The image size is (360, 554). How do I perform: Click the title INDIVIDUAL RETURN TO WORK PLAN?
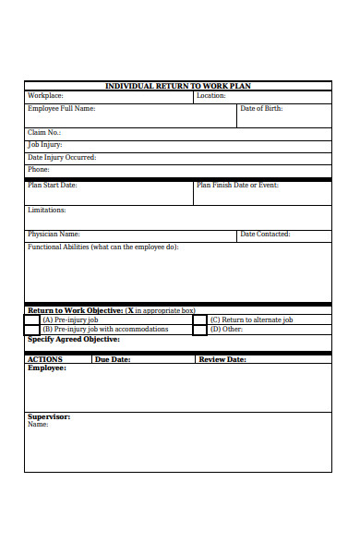click(x=178, y=86)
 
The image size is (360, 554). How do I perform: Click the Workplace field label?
click(x=45, y=96)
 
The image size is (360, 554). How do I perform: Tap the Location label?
click(x=210, y=96)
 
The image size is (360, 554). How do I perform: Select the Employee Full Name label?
click(x=61, y=109)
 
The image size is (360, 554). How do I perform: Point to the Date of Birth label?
click(x=261, y=109)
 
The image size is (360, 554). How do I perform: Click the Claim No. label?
click(x=43, y=133)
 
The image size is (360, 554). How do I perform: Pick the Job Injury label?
click(x=44, y=145)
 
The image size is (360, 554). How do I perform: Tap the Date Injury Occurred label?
click(x=61, y=157)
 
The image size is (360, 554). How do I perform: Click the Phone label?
click(x=38, y=170)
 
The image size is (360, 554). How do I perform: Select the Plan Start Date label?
click(x=52, y=186)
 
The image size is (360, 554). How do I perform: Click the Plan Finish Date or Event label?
click(x=237, y=186)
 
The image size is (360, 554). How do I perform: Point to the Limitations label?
click(x=46, y=211)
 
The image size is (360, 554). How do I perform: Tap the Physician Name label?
click(x=54, y=235)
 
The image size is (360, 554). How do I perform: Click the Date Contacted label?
click(x=265, y=235)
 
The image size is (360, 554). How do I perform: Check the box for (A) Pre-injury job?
click(x=33, y=319)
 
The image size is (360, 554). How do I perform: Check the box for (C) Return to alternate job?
click(x=199, y=319)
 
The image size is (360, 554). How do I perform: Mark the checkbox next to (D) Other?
click(x=199, y=330)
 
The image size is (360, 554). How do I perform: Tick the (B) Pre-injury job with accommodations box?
click(x=33, y=330)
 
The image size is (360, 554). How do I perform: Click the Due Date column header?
click(x=113, y=359)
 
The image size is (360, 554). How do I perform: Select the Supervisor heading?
click(x=49, y=416)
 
